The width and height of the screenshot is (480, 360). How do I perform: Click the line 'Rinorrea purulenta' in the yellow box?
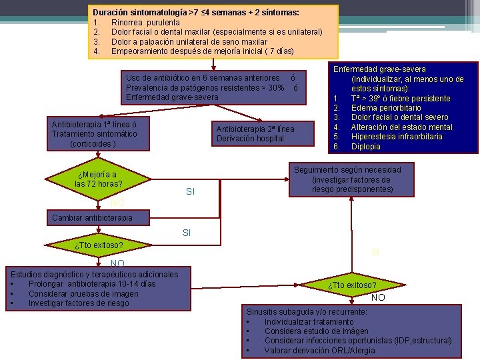[145, 23]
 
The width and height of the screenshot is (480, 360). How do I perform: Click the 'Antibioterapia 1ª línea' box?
[94, 134]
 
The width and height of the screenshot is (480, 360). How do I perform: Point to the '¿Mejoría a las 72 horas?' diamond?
[100, 179]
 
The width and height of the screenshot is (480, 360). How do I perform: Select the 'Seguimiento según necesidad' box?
[356, 179]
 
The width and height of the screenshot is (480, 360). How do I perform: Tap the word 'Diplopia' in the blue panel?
[366, 147]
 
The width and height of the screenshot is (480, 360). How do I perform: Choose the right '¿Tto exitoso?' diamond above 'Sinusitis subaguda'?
[352, 286]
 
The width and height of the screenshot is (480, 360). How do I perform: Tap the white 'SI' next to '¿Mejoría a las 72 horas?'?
[190, 192]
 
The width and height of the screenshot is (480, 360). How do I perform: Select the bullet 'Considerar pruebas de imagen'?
[83, 294]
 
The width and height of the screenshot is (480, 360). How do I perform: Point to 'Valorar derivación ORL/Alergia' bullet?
[320, 351]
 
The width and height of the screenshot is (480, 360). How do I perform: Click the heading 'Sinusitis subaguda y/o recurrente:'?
[307, 312]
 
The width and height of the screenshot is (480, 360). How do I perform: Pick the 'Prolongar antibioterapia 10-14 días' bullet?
[92, 284]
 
